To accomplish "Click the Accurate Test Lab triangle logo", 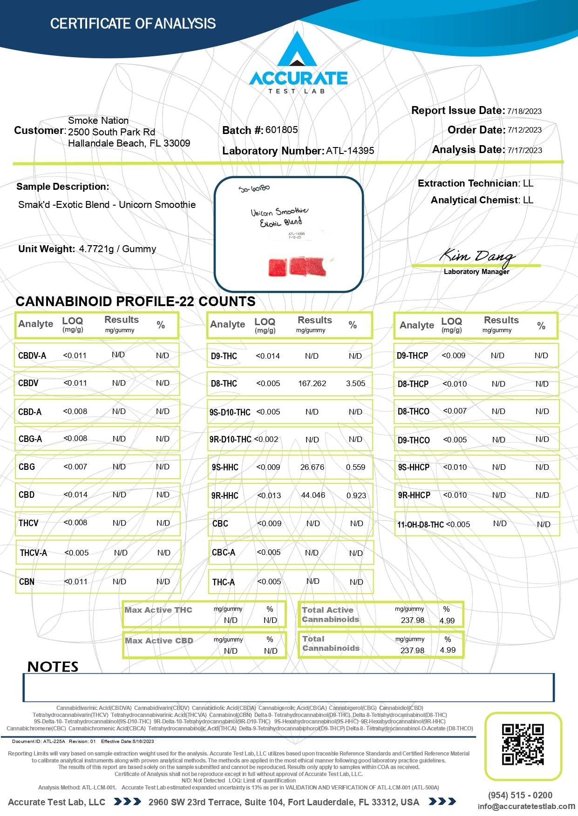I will tap(297, 50).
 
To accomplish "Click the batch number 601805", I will tap(281, 130).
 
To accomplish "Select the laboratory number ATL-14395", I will tap(350, 151).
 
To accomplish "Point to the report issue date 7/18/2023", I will tap(524, 111).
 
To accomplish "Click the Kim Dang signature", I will tap(477, 255).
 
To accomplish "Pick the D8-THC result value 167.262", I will tap(312, 384).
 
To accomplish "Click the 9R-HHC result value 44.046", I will tap(313, 495).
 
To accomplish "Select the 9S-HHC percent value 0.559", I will tap(355, 468).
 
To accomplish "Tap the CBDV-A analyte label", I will tap(32, 356).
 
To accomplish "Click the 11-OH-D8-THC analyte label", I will tap(420, 525).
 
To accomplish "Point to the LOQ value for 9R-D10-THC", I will tap(266, 439).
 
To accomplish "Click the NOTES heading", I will tap(53, 667).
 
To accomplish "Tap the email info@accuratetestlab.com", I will tap(526, 806).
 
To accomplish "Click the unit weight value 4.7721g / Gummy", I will tap(117, 249).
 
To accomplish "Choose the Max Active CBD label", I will tap(159, 641).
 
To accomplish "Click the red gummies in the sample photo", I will tap(297, 267).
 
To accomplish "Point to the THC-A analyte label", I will tap(224, 582).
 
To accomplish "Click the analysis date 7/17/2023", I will tap(524, 150).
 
